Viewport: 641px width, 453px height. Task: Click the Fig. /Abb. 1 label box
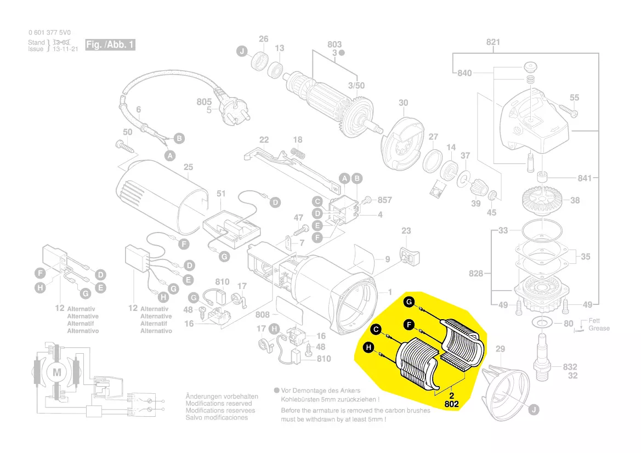pos(110,44)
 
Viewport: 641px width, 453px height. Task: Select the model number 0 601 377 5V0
pos(49,32)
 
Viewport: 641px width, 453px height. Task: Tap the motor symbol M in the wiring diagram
pos(57,372)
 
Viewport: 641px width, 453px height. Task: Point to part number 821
pos(493,42)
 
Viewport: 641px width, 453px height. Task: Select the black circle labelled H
pos(368,347)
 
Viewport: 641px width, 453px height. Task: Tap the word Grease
pos(599,328)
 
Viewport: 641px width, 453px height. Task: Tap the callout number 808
pos(263,315)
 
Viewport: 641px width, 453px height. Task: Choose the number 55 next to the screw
pos(574,98)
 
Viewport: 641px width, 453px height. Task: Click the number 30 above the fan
pos(404,103)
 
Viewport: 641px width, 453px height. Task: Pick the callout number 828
pos(477,273)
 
